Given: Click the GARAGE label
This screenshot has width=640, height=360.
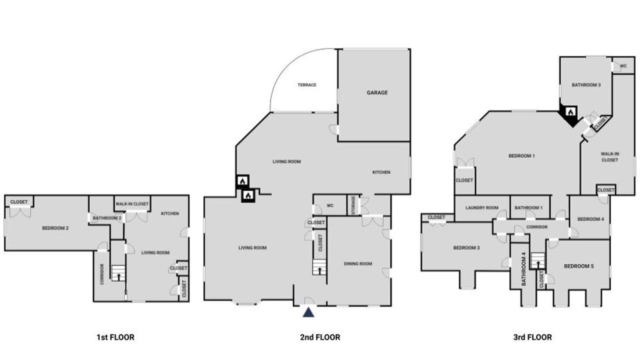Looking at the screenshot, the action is [x=377, y=92].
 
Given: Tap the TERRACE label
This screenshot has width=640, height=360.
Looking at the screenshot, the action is [x=307, y=85].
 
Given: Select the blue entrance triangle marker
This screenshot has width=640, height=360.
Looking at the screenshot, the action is [x=308, y=312].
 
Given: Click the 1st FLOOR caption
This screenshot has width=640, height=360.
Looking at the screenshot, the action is [x=115, y=337].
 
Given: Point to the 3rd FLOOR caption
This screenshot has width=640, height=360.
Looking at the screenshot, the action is [x=532, y=337].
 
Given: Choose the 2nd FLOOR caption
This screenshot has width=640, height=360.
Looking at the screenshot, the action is [x=320, y=337].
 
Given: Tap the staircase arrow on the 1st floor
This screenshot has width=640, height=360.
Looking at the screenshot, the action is [x=118, y=276].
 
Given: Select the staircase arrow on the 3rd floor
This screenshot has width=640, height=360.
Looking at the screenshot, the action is [x=538, y=264].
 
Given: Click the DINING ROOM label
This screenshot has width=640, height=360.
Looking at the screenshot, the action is [x=358, y=263].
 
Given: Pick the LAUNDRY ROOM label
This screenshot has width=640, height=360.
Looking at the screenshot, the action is [x=482, y=207].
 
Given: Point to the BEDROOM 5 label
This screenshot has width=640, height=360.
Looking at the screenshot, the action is [x=579, y=266].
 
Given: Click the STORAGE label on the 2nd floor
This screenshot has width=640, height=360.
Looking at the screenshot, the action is [x=353, y=205].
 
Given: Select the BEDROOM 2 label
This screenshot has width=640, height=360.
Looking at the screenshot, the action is [x=55, y=228].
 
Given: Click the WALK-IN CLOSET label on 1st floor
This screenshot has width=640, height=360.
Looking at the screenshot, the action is [x=132, y=204].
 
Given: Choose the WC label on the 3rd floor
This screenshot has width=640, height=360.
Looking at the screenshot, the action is [x=623, y=66].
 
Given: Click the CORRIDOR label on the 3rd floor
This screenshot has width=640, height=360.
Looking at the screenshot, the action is [x=537, y=227].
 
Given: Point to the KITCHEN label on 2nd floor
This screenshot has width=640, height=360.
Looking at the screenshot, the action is [x=381, y=172].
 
